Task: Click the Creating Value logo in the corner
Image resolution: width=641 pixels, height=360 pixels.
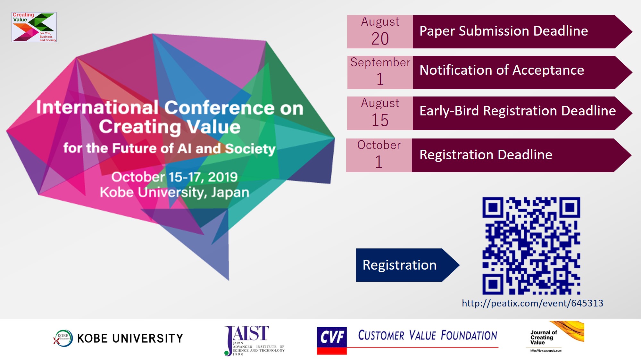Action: click(x=34, y=27)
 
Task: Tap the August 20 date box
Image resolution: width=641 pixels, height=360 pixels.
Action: click(x=380, y=32)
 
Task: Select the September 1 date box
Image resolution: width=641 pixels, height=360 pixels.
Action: click(x=380, y=72)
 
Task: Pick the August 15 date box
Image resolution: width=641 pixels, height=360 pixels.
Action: click(x=380, y=113)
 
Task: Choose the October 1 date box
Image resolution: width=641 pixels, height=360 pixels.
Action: click(x=379, y=155)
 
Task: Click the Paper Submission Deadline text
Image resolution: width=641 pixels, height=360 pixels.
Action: click(x=504, y=31)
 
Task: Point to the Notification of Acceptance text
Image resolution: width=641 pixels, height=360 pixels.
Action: click(x=502, y=70)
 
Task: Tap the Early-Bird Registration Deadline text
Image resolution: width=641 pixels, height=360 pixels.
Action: click(x=518, y=111)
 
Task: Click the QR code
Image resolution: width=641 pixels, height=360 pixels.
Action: click(x=531, y=246)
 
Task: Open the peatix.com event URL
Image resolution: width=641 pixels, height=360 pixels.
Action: click(x=532, y=303)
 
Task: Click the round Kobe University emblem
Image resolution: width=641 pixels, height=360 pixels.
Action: click(x=63, y=338)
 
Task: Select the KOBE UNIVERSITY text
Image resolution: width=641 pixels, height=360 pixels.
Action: click(x=130, y=339)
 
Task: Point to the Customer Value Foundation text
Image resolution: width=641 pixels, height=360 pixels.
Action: click(x=428, y=335)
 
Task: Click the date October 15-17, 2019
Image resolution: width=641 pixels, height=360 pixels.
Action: click(x=174, y=177)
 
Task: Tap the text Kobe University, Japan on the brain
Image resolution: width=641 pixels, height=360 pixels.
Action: click(x=174, y=192)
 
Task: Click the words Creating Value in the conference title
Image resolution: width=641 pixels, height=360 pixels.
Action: click(x=170, y=127)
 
